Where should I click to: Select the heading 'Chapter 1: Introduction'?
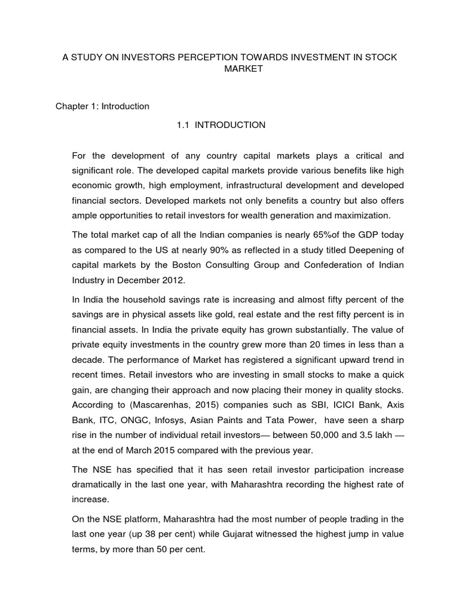[x=102, y=106]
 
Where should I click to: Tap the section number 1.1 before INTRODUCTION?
[x=183, y=125]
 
